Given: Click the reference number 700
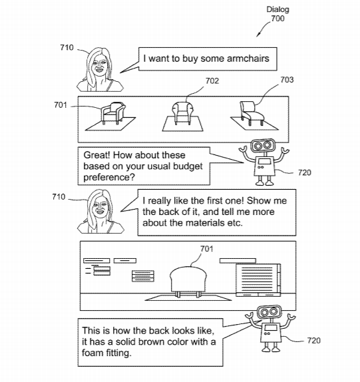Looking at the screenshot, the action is (x=277, y=19).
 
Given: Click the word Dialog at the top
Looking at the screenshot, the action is (x=277, y=9).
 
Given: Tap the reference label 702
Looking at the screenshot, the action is (x=212, y=81).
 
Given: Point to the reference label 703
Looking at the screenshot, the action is (x=287, y=80).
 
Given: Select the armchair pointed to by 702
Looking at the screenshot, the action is (x=182, y=112).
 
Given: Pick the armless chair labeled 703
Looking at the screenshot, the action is (x=252, y=113).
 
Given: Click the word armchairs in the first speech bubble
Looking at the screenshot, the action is (x=248, y=59).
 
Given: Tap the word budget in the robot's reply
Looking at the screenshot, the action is (x=188, y=166).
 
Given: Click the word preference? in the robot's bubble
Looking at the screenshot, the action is (x=109, y=178).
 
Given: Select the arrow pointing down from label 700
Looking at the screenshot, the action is (x=264, y=29).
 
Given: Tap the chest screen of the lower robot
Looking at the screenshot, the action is (x=271, y=327).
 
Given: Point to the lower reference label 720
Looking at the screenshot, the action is (x=313, y=341).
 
